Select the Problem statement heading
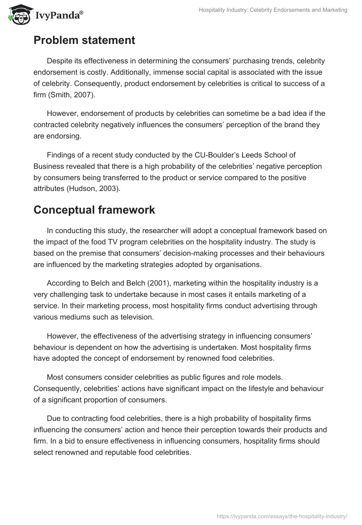pos(84,40)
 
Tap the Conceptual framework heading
pos(94,210)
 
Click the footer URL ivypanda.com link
pos(282,516)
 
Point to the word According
pos(64,283)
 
